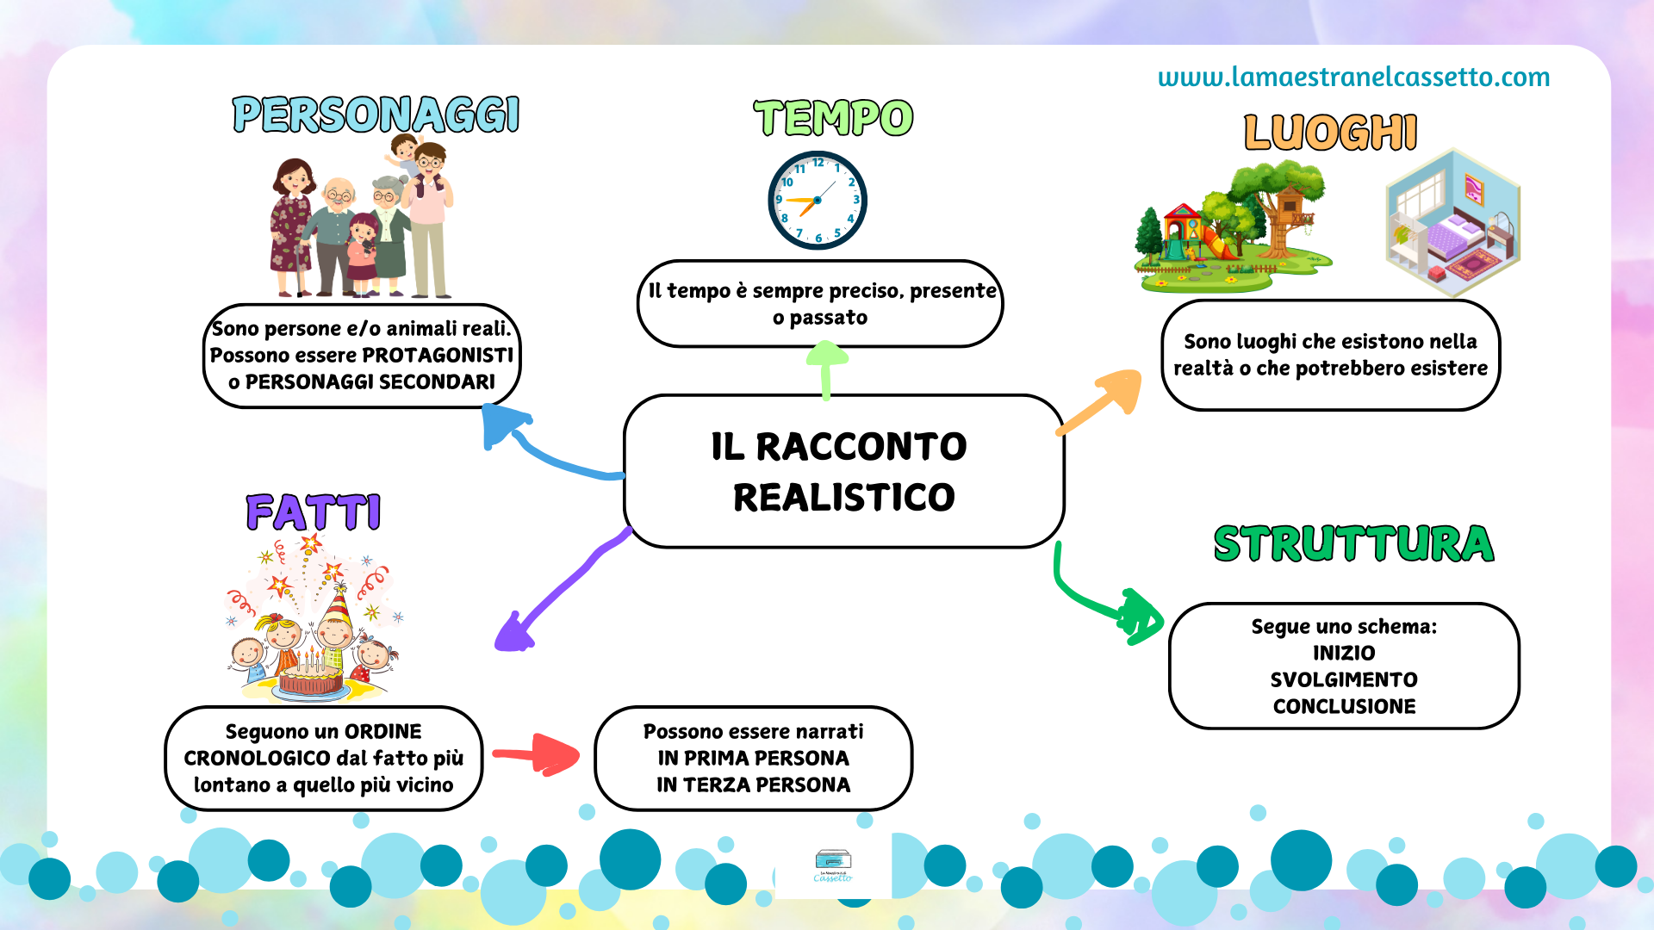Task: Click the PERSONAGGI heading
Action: click(376, 115)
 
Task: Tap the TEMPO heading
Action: click(833, 118)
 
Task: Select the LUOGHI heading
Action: click(1330, 133)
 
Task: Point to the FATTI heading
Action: click(314, 512)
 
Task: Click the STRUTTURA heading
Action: click(1353, 543)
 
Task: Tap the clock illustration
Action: click(817, 201)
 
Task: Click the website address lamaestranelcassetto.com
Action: click(1353, 77)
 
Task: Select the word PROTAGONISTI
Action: click(438, 355)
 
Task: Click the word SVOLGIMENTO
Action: click(1344, 679)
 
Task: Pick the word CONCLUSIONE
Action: click(1344, 706)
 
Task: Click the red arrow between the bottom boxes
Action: click(536, 755)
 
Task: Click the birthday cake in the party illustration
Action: click(311, 676)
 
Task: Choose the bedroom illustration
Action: click(1452, 222)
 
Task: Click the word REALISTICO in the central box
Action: click(844, 497)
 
